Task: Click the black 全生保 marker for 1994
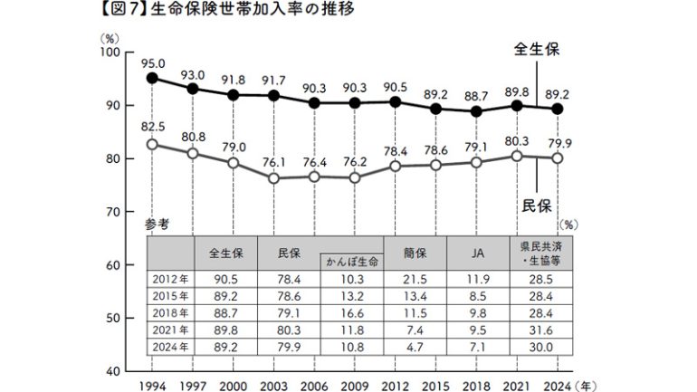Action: click(152, 79)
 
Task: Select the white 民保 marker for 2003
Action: click(272, 177)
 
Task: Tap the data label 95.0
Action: click(153, 62)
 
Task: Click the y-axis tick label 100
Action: click(110, 53)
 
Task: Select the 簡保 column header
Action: click(413, 254)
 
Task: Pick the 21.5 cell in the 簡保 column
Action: click(413, 279)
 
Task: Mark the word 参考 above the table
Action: click(156, 224)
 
